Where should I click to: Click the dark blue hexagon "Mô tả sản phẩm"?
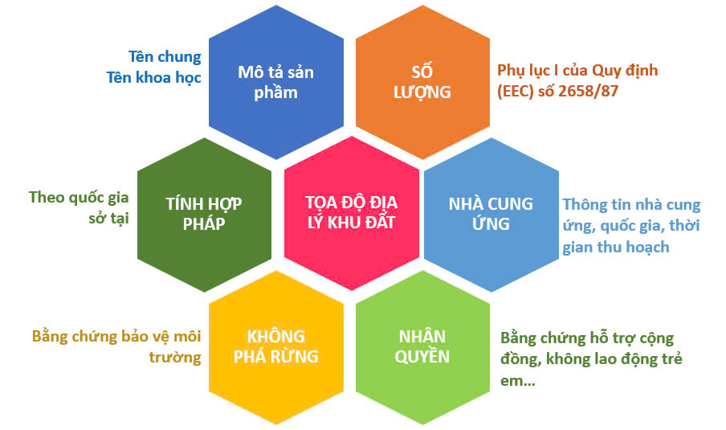coord(276,82)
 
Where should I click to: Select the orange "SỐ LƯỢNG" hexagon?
coord(422,82)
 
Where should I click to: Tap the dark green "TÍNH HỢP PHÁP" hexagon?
coord(204,214)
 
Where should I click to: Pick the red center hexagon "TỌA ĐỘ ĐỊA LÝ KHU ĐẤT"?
coord(352,213)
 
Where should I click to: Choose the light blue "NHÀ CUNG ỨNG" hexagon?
coord(491,214)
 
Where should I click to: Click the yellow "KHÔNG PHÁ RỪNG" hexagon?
coord(276,347)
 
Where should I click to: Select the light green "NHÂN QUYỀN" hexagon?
coord(422,347)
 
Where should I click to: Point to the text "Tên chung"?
coord(165,57)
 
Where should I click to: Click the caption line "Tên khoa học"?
coord(154,77)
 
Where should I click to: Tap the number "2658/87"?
coord(589,91)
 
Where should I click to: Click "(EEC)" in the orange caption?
coord(516,92)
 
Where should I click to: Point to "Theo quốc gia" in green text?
coord(79,198)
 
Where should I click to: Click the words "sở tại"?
coord(108,219)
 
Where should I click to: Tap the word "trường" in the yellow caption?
coord(175,357)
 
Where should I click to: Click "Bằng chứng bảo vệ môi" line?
coord(116,337)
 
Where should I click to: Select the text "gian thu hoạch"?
coord(616,247)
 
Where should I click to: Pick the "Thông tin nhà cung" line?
coord(631,205)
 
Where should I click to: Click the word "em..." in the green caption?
coord(518,381)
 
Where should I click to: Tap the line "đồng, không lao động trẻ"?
coord(591,359)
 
